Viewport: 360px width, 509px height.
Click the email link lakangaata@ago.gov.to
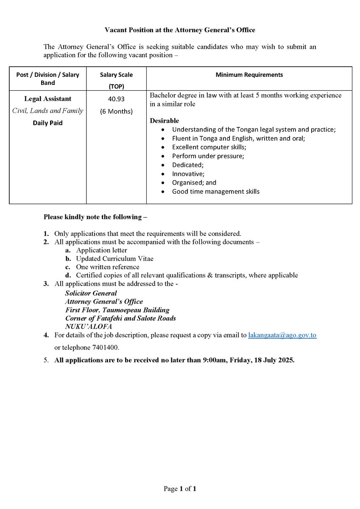[x=282, y=335]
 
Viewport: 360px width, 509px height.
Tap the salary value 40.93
[x=116, y=99]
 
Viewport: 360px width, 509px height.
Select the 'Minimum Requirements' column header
[x=249, y=75]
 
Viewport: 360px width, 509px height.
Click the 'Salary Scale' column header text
[x=116, y=75]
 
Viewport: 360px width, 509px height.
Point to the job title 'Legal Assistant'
[x=47, y=99]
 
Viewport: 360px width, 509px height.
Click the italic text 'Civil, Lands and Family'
[x=47, y=111]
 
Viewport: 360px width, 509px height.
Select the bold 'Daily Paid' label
[x=47, y=123]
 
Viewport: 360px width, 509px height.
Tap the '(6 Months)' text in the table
[x=116, y=112]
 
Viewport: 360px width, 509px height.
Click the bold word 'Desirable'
[x=165, y=121]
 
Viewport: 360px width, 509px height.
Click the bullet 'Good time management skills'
[x=215, y=192]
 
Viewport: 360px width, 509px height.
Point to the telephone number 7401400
[x=104, y=348]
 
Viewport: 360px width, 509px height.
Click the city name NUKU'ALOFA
[x=89, y=327]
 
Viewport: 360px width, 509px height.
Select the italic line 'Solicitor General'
[x=91, y=293]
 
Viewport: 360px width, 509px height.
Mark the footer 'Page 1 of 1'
[x=180, y=489]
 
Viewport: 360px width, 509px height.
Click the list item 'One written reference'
[x=107, y=267]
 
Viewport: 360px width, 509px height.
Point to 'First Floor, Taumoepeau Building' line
[x=117, y=310]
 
